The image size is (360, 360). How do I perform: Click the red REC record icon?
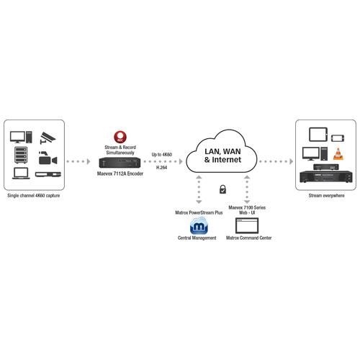click(120, 137)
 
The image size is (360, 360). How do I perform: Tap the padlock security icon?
click(222, 189)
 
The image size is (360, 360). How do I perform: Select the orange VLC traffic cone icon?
click(338, 154)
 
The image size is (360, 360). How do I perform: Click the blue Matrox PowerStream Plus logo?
click(199, 225)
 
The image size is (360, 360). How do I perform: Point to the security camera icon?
click(48, 138)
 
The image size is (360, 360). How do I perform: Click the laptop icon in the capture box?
click(21, 174)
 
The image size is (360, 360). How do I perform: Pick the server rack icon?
click(21, 155)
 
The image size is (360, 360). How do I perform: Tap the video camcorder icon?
click(48, 158)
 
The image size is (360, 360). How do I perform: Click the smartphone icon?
click(338, 138)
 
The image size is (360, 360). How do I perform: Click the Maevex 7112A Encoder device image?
click(120, 163)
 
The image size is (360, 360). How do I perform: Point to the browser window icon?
click(247, 225)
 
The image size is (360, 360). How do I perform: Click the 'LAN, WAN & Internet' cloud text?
click(222, 156)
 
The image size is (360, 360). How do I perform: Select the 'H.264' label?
click(161, 168)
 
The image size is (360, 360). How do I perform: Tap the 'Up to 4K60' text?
click(162, 155)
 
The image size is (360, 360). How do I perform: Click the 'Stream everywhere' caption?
click(326, 196)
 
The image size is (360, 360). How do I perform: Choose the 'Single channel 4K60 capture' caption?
click(34, 196)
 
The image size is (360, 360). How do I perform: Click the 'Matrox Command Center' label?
click(249, 238)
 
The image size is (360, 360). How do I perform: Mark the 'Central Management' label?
click(197, 238)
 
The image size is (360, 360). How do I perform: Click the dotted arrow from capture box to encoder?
click(78, 161)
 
